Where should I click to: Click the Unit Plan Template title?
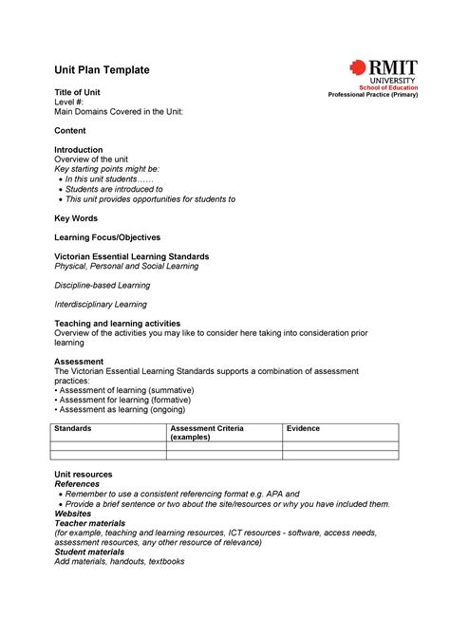[102, 70]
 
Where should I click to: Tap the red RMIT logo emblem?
[357, 68]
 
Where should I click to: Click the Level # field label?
[70, 102]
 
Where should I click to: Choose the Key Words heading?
[76, 218]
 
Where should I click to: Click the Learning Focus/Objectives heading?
[107, 237]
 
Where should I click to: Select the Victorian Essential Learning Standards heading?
[132, 256]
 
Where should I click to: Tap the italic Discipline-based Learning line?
[103, 285]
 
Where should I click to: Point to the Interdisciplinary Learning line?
[101, 305]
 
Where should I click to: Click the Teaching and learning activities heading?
[117, 324]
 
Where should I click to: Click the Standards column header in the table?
[73, 429]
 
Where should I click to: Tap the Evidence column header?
[303, 429]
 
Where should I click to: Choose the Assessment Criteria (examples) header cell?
[206, 433]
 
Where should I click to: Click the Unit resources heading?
[84, 475]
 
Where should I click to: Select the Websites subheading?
[73, 514]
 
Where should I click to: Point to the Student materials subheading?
[89, 552]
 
